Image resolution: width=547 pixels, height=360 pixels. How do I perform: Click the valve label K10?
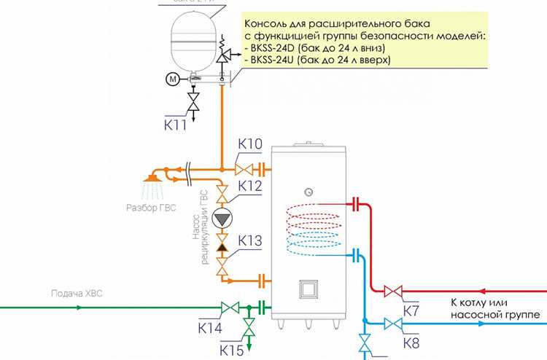pyautogui.click(x=250, y=144)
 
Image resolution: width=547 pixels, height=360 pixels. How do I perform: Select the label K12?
pyautogui.click(x=250, y=187)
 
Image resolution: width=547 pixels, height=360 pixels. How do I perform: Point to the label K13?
pyautogui.click(x=250, y=242)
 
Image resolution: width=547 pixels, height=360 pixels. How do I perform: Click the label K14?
pyautogui.click(x=211, y=328)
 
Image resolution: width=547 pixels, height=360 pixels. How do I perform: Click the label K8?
pyautogui.click(x=413, y=341)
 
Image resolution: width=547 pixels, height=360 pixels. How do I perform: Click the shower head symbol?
pyautogui.click(x=152, y=177)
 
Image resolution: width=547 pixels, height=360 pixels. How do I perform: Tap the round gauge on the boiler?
pyautogui.click(x=310, y=192)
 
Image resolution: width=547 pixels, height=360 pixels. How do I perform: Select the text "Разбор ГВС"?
pyautogui.click(x=151, y=206)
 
